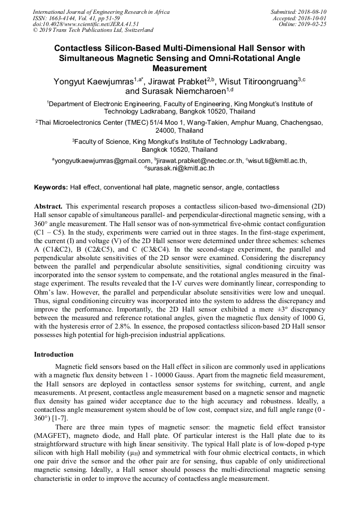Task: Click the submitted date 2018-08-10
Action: click(x=313, y=11)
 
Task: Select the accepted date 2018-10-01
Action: click(x=313, y=18)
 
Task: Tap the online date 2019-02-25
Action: click(x=313, y=24)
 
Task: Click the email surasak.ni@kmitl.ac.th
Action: click(x=181, y=168)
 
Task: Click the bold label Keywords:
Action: click(x=50, y=187)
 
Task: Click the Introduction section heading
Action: click(x=54, y=354)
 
